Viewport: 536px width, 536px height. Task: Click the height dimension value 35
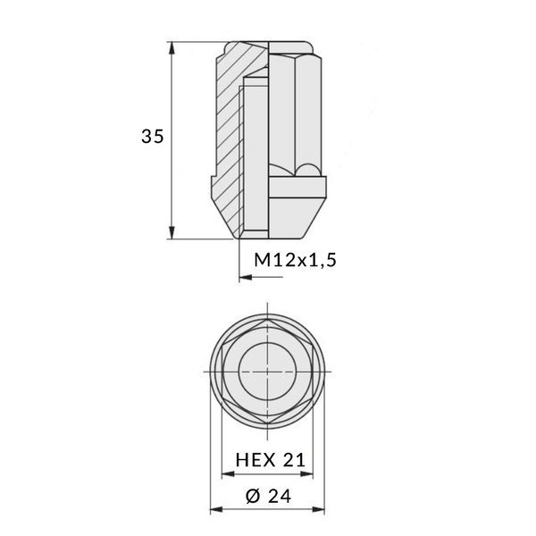[152, 137]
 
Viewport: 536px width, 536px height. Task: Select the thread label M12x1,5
[294, 260]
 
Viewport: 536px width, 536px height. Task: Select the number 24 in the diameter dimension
[282, 497]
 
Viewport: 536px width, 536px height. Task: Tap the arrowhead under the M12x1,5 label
[246, 279]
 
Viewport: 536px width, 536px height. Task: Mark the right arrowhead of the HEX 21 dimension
[312, 475]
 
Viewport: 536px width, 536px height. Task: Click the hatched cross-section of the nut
[227, 134]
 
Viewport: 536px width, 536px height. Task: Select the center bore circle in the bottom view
[269, 370]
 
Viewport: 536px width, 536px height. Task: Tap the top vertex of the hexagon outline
[269, 319]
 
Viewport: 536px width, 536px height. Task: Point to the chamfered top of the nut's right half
[295, 46]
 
